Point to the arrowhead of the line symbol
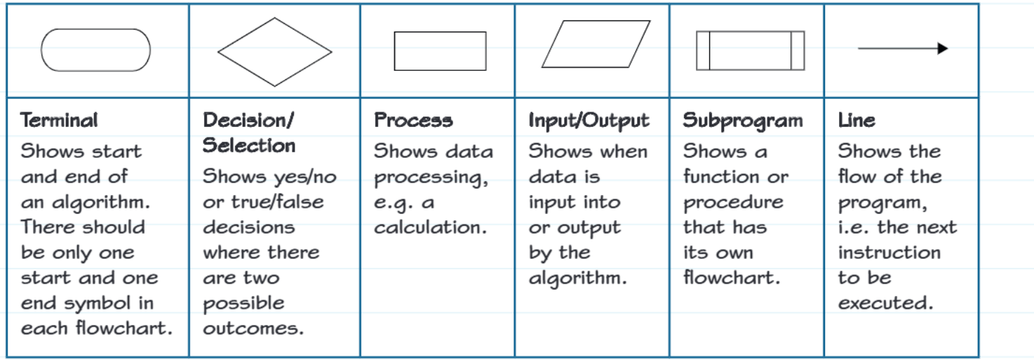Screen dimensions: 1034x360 (x=943, y=48)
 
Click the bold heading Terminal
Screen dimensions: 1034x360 (x=59, y=121)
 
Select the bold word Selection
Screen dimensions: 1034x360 (x=249, y=145)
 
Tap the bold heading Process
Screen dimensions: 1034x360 (x=414, y=121)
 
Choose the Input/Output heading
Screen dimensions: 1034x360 (x=589, y=121)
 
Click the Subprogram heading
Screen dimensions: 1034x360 (x=743, y=121)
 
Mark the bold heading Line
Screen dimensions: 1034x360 (x=857, y=121)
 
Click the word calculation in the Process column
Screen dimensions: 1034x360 (x=430, y=227)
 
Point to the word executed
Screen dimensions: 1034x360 (x=886, y=303)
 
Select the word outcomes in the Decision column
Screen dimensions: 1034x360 (x=253, y=328)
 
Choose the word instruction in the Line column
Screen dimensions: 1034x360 (x=889, y=253)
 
